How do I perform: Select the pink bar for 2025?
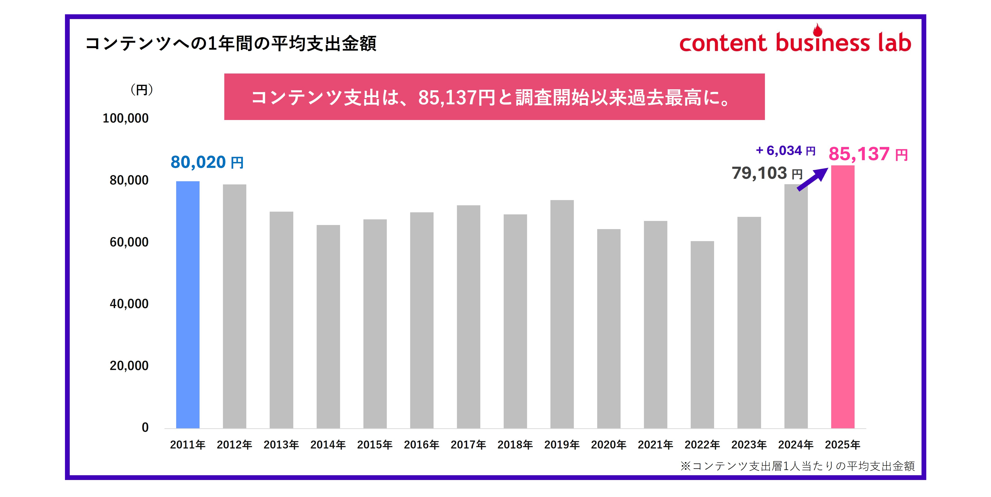click(843, 297)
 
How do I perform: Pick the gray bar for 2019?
click(562, 314)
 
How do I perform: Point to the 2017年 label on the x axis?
click(468, 445)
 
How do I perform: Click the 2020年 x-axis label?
click(608, 445)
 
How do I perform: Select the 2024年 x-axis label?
click(796, 445)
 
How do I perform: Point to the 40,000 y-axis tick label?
click(129, 304)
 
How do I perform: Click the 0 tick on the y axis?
click(145, 427)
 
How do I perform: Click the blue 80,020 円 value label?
click(207, 162)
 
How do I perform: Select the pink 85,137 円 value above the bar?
click(868, 154)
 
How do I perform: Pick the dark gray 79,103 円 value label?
click(767, 174)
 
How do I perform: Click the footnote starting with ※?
click(797, 466)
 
